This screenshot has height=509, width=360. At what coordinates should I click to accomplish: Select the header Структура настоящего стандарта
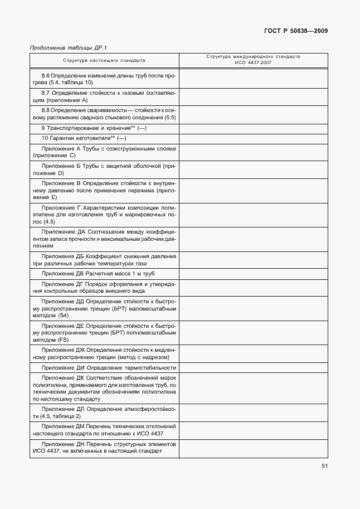tap(104, 60)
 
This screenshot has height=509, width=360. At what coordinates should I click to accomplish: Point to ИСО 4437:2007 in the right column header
tap(253, 63)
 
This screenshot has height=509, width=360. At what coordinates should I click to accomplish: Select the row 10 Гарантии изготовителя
tap(84, 138)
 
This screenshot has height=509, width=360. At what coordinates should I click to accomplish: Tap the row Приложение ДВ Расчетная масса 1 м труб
tap(98, 274)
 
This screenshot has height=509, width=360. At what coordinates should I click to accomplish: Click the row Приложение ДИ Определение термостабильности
tap(109, 368)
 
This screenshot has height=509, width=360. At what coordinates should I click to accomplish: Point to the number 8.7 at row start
tap(46, 92)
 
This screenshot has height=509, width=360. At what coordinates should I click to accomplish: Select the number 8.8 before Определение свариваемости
tap(46, 110)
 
